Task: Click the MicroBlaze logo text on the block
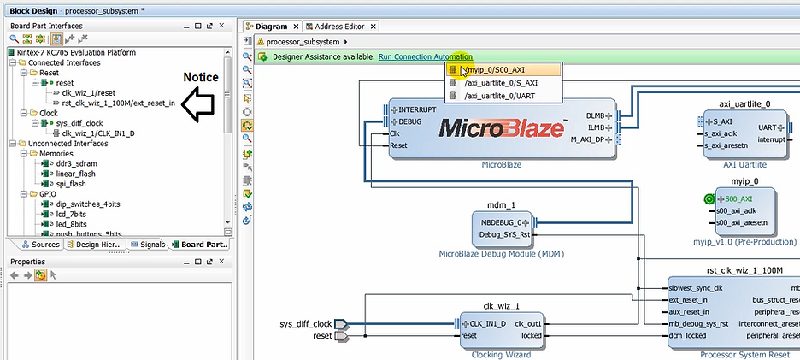[x=501, y=128]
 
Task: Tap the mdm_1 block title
[x=500, y=205]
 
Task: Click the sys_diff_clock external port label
[x=305, y=324]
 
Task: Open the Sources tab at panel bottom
[x=45, y=245]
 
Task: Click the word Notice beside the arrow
[x=202, y=78]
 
